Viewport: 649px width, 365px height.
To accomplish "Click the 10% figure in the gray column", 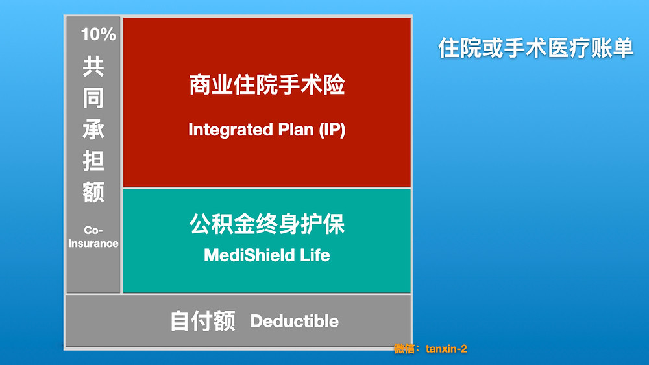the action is [98, 34].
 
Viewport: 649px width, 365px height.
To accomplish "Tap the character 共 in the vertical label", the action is [93, 67].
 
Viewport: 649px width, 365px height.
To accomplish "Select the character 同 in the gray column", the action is [93, 98].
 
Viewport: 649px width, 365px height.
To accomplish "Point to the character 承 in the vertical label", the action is [93, 130].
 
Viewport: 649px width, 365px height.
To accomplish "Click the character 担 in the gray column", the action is [93, 161].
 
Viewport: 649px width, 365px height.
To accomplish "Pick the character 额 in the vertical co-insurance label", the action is [93, 192].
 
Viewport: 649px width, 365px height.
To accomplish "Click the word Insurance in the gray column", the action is [93, 244].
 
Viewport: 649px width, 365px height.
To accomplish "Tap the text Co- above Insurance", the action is [93, 230].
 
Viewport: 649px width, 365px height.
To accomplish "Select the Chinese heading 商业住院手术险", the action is [267, 85].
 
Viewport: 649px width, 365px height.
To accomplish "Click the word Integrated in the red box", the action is [230, 130].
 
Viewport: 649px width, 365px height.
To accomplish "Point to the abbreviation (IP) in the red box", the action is [332, 130].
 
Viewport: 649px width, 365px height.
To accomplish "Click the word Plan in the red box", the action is [296, 130].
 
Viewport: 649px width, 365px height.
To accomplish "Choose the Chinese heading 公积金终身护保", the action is [267, 224].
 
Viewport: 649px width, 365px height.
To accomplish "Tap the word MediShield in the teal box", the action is [249, 255].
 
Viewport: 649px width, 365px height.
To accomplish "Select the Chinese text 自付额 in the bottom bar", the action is [202, 321].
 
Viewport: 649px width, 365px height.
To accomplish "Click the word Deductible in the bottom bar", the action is [294, 321].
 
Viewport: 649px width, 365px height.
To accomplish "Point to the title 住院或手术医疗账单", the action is [535, 47].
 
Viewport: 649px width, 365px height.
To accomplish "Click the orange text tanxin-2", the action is [447, 349].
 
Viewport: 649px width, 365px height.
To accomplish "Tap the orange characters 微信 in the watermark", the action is [404, 349].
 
